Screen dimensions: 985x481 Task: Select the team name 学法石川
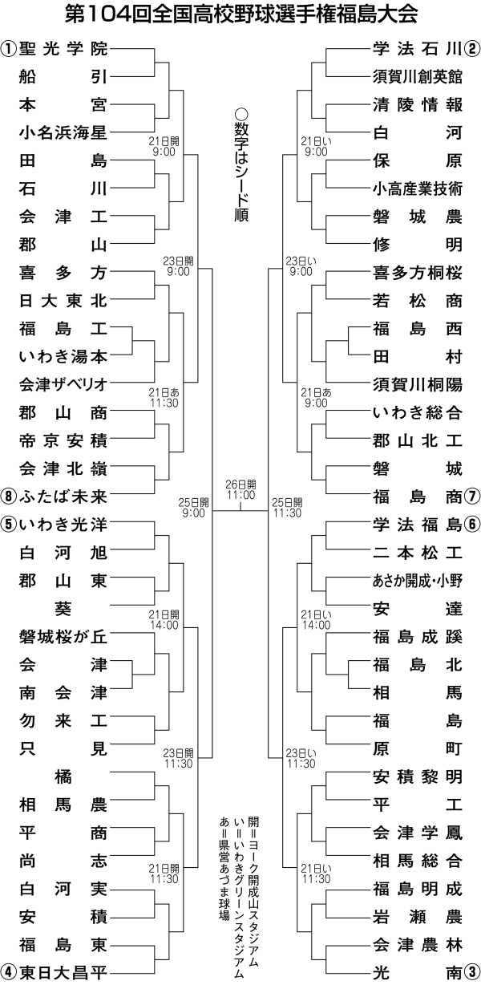coord(417,48)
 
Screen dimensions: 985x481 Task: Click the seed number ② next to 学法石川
coord(472,48)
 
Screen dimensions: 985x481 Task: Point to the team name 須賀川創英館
coord(417,76)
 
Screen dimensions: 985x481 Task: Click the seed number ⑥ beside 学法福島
coord(472,524)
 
